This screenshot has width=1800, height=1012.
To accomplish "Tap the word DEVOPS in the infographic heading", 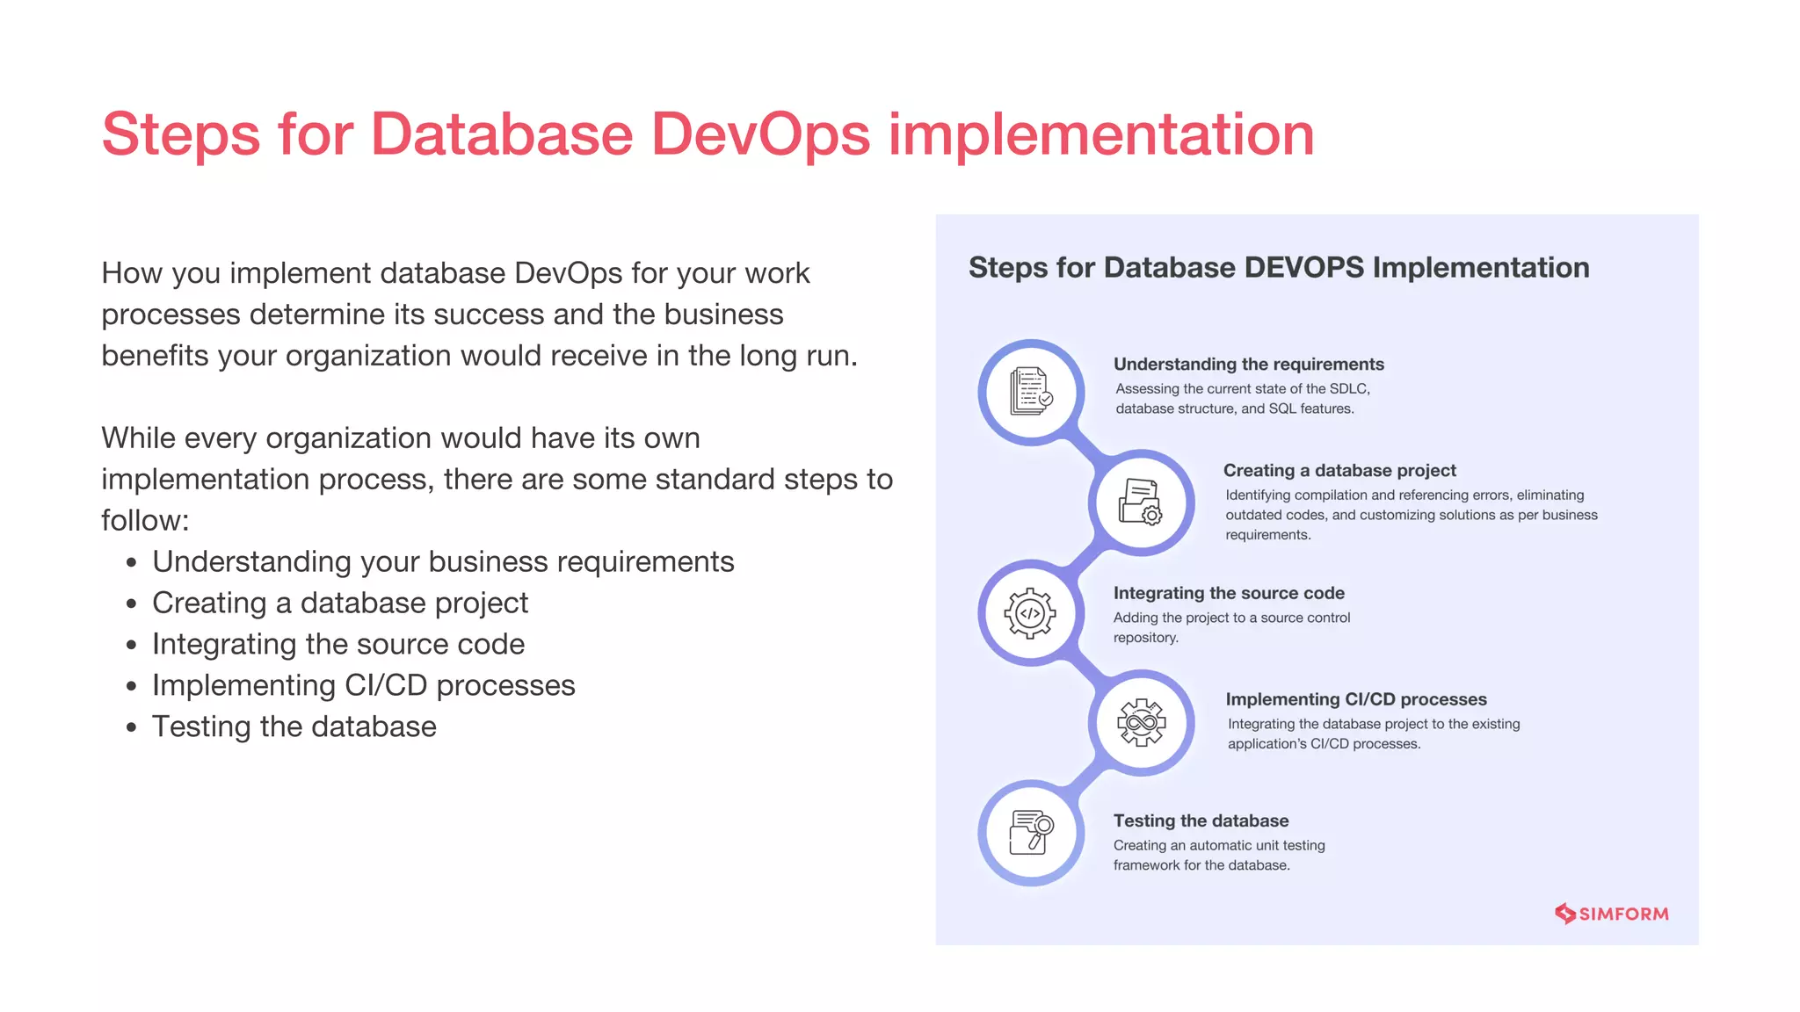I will (x=1292, y=268).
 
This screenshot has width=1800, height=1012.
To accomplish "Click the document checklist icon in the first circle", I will (x=1031, y=392).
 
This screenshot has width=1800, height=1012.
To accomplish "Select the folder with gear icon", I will (x=1141, y=502).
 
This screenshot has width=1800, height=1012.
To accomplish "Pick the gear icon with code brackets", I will (x=1030, y=613).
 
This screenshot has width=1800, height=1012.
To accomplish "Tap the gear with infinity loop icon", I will (x=1141, y=723).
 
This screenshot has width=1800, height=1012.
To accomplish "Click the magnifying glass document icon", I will (x=1031, y=832).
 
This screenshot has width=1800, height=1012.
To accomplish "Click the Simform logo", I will (x=1611, y=914).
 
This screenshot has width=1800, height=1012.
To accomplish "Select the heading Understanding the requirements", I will (x=1248, y=365).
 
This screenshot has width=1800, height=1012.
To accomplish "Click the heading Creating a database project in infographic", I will (x=1339, y=471).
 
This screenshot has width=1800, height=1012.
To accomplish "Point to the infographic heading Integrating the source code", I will (x=1229, y=594).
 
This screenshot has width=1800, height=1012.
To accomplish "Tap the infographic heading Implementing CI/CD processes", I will (x=1356, y=700).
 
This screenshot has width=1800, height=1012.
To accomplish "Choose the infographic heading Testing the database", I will (x=1201, y=821).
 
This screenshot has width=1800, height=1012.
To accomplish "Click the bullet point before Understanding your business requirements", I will (x=132, y=563).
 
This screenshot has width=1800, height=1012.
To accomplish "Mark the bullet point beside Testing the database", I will (x=132, y=728).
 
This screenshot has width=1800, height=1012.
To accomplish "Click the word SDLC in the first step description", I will (x=1348, y=389).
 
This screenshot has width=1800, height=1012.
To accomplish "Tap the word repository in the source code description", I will (x=1144, y=638).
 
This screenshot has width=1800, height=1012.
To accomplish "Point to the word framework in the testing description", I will (x=1146, y=865).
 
